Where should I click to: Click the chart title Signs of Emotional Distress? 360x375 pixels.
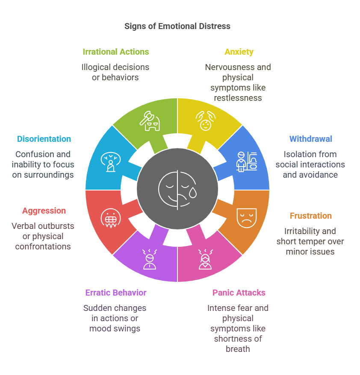(x=177, y=26)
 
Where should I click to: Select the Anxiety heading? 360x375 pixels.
(x=239, y=52)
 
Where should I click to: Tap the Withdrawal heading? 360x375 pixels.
(x=311, y=139)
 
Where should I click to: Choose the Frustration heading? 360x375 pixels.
(x=311, y=216)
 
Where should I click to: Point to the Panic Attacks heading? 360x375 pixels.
(x=239, y=293)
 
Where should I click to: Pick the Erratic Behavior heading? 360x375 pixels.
(x=116, y=293)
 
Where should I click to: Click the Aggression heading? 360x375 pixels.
(x=44, y=211)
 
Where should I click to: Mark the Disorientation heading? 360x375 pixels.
(x=44, y=139)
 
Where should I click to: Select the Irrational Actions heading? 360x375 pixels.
(x=116, y=52)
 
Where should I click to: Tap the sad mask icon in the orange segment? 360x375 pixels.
(x=246, y=218)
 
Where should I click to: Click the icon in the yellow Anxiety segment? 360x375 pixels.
(x=205, y=121)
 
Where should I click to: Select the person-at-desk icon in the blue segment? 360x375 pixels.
(x=246, y=162)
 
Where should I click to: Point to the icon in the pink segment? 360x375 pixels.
(x=205, y=260)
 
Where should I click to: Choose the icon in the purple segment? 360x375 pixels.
(x=149, y=260)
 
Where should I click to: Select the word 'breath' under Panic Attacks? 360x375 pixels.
(x=238, y=349)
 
